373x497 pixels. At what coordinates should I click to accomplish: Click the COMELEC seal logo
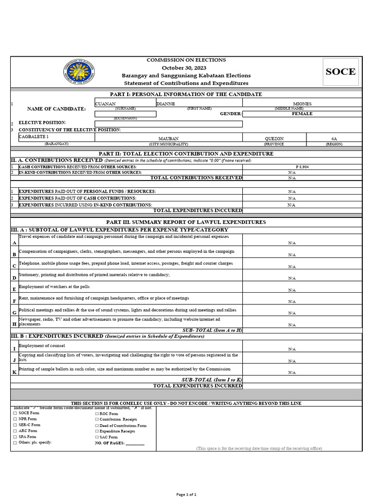[x=78, y=72]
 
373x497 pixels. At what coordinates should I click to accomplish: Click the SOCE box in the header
[x=340, y=72]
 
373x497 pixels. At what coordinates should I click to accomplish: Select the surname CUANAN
[x=105, y=103]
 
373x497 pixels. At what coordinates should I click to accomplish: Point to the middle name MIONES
[x=302, y=103]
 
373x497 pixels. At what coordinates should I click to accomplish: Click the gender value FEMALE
[x=302, y=114]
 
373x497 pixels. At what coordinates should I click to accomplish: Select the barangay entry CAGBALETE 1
[x=34, y=137]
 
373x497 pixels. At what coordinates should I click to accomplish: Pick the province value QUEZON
[x=274, y=139]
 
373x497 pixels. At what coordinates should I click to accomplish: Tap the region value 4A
[x=334, y=139]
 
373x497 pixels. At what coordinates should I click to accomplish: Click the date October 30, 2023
[x=186, y=68]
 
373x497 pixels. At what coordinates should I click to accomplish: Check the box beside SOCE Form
[x=15, y=413]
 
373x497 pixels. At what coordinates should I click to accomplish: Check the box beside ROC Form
[x=97, y=414]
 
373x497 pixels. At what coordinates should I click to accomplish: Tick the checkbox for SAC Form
[x=97, y=437]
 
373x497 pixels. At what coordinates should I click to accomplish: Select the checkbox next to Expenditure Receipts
[x=97, y=431]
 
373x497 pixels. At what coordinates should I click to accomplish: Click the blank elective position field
[x=169, y=124]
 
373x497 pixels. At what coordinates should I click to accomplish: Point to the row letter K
[x=14, y=372]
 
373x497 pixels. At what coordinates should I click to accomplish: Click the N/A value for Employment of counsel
[x=292, y=349]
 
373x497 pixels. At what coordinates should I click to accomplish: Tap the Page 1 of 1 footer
[x=186, y=494]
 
